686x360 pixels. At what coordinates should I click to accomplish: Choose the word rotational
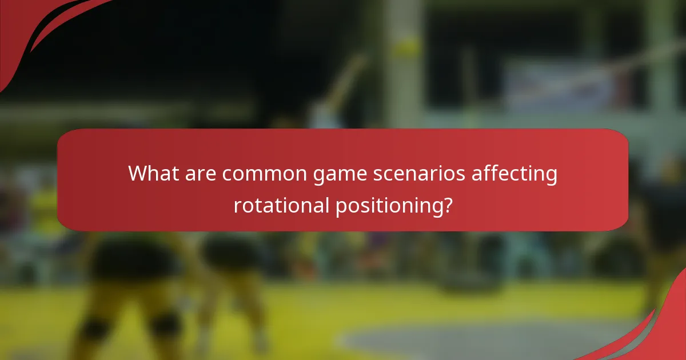point(280,205)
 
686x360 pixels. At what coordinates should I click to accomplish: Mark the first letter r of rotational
point(237,206)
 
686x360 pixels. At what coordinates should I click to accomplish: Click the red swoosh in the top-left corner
point(34,29)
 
